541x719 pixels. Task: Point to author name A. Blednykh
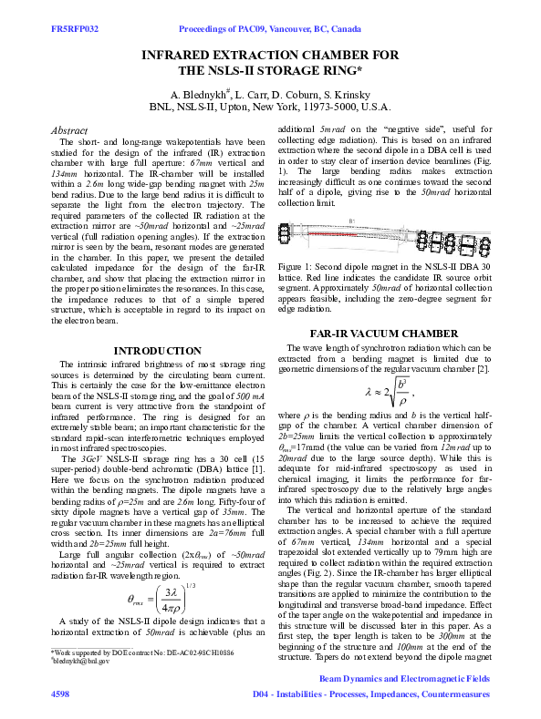[202, 94]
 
